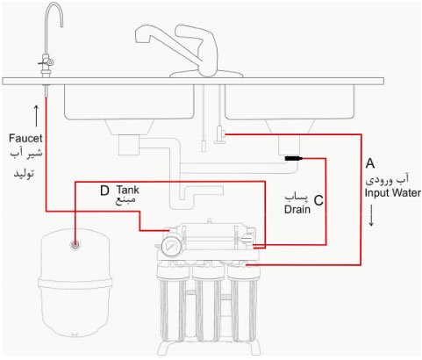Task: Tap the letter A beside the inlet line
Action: click(370, 164)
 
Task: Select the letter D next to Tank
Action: click(104, 190)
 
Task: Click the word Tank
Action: click(127, 189)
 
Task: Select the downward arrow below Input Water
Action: click(374, 217)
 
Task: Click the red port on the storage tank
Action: click(76, 242)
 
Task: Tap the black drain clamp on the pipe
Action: click(293, 158)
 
